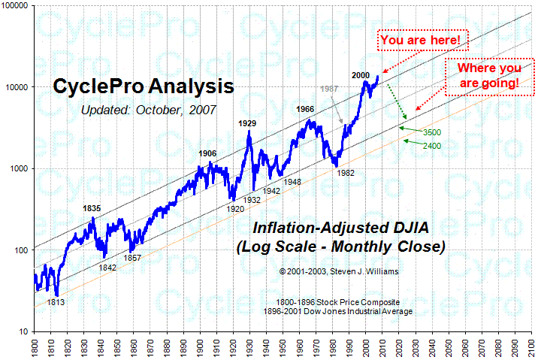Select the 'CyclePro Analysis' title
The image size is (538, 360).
(143, 86)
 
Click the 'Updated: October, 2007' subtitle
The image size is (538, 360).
(149, 110)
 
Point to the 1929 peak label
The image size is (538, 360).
(248, 122)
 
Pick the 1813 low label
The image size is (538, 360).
(56, 302)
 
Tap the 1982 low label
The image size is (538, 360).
(345, 172)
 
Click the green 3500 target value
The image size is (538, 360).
(431, 132)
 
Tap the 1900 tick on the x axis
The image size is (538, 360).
(199, 348)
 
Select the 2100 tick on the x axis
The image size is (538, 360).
(530, 348)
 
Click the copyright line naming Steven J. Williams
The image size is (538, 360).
(340, 270)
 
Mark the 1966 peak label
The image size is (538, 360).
(305, 110)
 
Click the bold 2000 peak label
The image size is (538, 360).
(361, 75)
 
